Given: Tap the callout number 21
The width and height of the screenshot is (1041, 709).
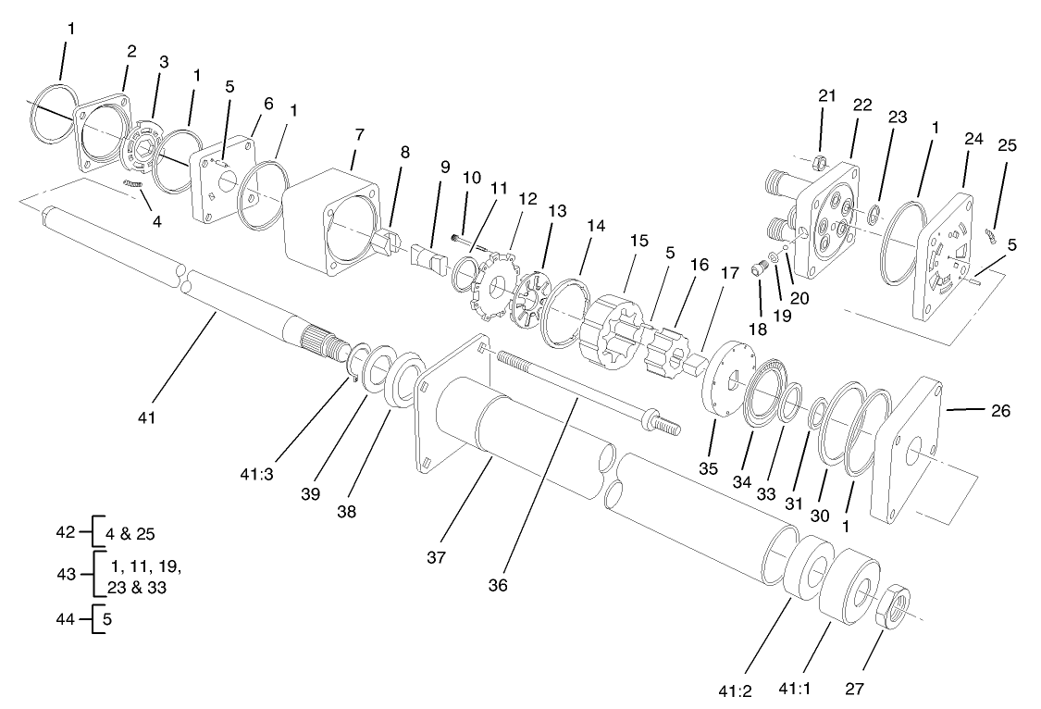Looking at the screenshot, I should [x=826, y=95].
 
